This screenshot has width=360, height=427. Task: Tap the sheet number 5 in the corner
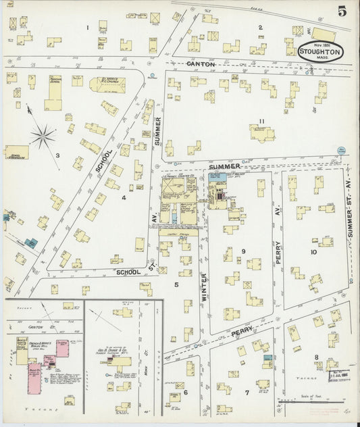click(342, 11)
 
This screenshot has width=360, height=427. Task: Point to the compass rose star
click(43, 137)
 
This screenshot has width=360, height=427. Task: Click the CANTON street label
click(201, 64)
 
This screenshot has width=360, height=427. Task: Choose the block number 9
click(242, 251)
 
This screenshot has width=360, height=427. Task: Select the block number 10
click(313, 252)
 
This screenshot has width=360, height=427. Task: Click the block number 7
click(247, 392)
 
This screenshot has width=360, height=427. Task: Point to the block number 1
click(87, 27)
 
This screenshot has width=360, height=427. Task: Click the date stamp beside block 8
click(337, 374)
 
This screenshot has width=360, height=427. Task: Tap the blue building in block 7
click(267, 357)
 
